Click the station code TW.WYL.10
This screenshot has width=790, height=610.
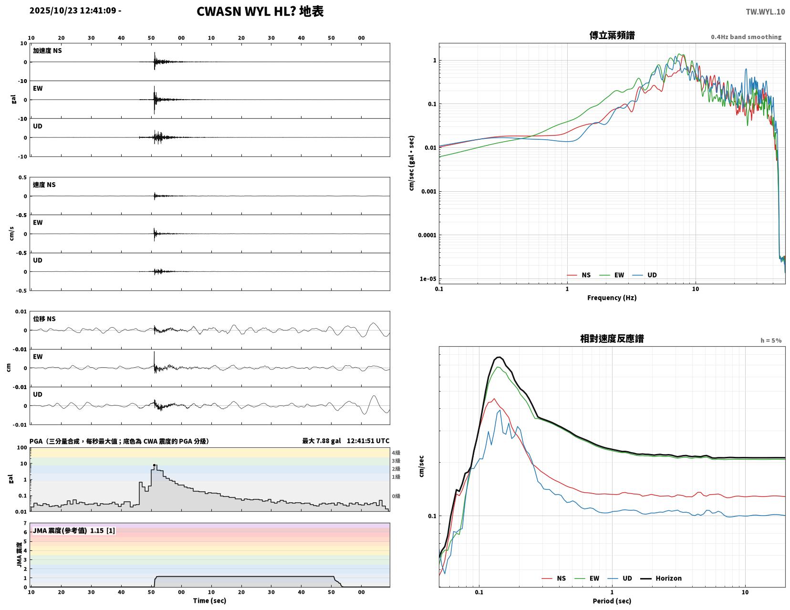[765, 11]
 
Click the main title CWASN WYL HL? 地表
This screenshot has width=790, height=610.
[260, 11]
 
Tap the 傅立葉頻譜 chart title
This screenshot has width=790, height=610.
[612, 35]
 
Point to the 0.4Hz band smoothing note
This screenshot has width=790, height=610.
[746, 37]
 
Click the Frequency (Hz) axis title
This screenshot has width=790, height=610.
[612, 298]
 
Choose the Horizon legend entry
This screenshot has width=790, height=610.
[661, 578]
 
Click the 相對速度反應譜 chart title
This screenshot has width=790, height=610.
[612, 339]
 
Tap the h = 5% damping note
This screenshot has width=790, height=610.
[771, 341]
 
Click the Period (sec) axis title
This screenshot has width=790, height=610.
[612, 601]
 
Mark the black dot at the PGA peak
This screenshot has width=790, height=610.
[154, 465]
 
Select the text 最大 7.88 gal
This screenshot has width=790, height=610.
[322, 441]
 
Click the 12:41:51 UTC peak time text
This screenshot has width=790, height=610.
[368, 441]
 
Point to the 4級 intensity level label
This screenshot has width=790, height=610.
[396, 453]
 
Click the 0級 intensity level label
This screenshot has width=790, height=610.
[396, 496]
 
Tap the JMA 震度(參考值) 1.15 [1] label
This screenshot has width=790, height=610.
[74, 530]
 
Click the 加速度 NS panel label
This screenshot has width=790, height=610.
[47, 51]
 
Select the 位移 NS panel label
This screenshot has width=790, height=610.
[44, 319]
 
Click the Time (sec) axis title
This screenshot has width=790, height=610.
[209, 600]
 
